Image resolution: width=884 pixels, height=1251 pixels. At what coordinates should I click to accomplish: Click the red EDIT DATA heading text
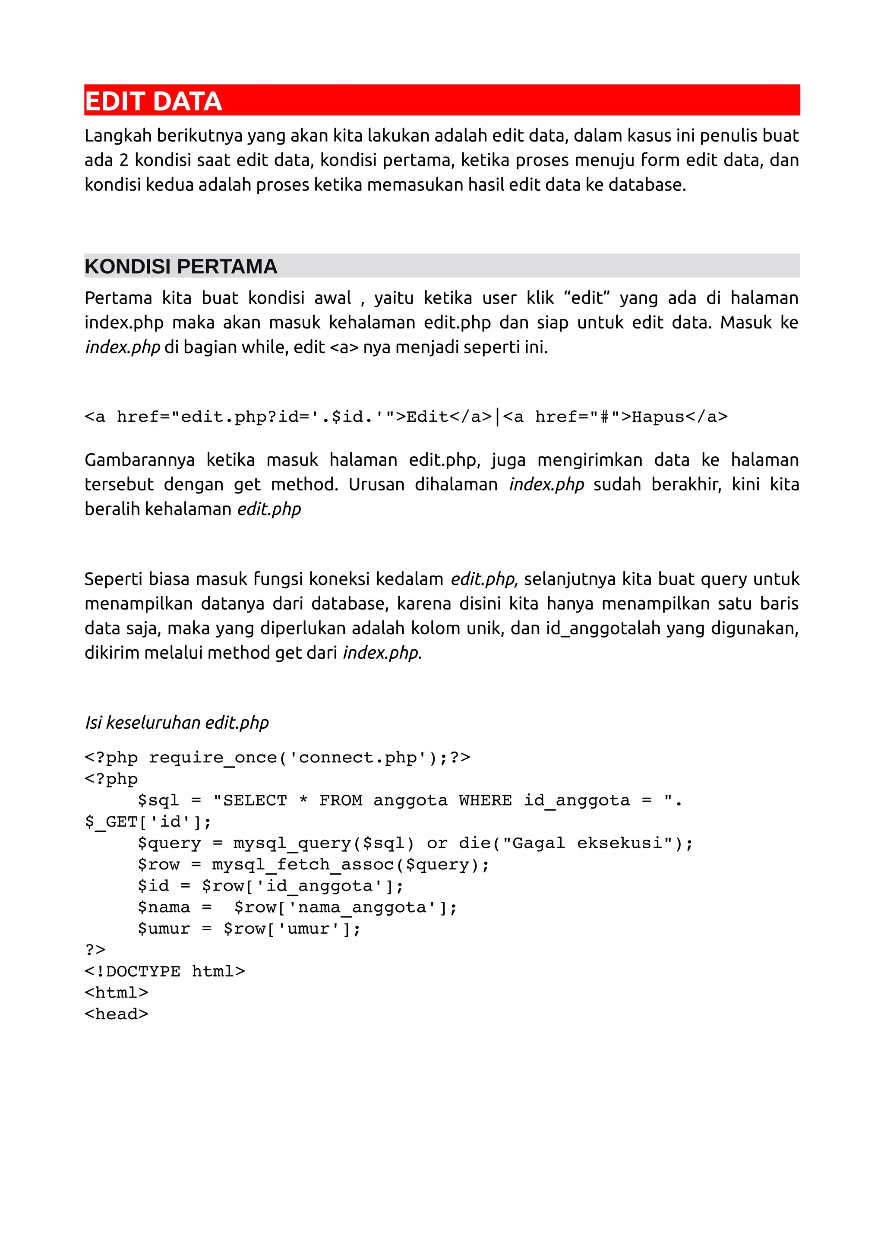coord(153,101)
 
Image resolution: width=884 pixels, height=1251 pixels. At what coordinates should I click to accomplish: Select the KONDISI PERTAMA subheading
coord(181,266)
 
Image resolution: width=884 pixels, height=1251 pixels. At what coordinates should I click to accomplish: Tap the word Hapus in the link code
coord(657,417)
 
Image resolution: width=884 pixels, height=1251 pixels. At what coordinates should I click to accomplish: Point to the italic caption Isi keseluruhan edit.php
coord(177,723)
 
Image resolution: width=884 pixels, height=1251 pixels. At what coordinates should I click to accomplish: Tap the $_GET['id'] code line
coord(148,821)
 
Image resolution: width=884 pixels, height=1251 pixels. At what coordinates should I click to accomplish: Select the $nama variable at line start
coord(164,907)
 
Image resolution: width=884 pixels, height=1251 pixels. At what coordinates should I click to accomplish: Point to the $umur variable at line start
coord(164,929)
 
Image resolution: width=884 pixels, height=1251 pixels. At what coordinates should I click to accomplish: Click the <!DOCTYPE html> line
coord(164,971)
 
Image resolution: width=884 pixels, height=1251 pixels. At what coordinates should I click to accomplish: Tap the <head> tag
coord(117,1014)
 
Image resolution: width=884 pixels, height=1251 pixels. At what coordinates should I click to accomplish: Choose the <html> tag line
coord(117,993)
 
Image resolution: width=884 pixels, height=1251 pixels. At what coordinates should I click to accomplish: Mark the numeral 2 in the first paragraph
coord(123,160)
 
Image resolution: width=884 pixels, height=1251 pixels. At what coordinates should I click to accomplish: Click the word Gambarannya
coord(139,460)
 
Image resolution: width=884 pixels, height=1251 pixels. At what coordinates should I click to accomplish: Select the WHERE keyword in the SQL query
coord(485,800)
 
